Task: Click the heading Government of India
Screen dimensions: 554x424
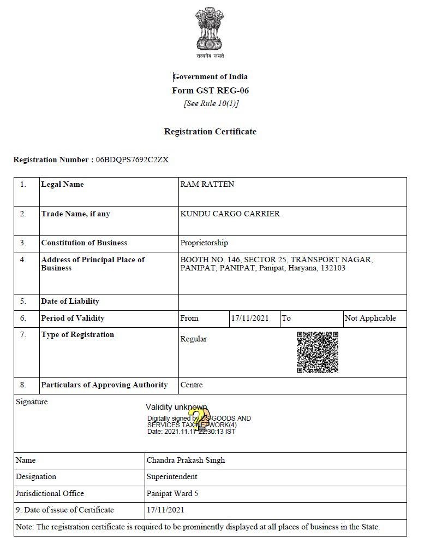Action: point(211,76)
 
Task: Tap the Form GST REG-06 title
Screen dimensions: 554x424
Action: point(210,91)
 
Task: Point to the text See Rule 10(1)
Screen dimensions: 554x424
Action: point(211,104)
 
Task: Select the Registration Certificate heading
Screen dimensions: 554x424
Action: point(210,132)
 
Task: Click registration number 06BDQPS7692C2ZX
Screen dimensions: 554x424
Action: point(132,160)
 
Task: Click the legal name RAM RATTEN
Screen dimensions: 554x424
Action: point(207,185)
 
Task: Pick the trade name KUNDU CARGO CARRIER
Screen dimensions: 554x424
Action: point(230,214)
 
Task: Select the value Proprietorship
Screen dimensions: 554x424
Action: point(204,243)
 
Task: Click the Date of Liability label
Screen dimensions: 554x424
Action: point(70,302)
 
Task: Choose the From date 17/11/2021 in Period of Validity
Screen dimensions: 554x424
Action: point(250,319)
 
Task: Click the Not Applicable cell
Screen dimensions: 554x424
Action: point(370,319)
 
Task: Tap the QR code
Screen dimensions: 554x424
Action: point(318,352)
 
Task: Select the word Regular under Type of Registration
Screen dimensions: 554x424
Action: point(194,339)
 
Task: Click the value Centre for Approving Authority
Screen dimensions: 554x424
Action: point(192,385)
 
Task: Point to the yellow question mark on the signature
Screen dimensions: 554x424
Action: point(200,420)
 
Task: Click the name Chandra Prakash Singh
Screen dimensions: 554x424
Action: point(186,461)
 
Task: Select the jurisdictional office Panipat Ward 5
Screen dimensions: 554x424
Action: point(172,494)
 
